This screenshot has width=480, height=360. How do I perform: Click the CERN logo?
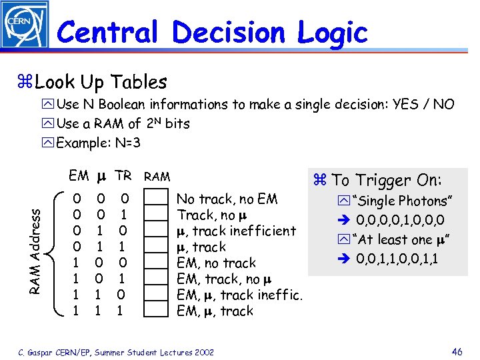(x=24, y=25)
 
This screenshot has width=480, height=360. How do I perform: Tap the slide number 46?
(x=456, y=351)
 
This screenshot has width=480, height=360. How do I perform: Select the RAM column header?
(x=157, y=177)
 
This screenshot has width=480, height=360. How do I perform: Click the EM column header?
(x=79, y=176)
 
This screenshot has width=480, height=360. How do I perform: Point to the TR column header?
(x=123, y=176)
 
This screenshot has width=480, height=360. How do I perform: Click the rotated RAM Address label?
(x=39, y=246)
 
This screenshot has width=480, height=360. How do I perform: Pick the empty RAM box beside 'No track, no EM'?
(x=157, y=199)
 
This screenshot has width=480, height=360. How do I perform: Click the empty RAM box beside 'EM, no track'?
(x=157, y=263)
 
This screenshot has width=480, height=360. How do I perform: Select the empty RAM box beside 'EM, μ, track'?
(x=157, y=311)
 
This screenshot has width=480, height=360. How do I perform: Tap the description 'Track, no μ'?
(x=206, y=215)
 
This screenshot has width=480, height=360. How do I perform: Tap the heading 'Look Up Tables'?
(x=101, y=82)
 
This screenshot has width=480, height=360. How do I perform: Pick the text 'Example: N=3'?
(x=99, y=143)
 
